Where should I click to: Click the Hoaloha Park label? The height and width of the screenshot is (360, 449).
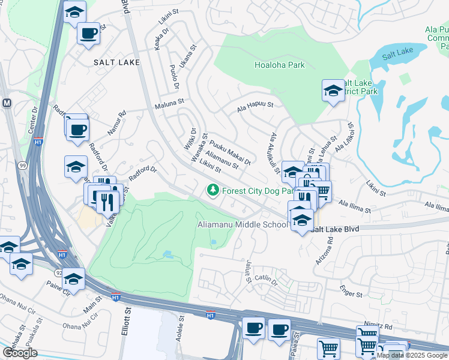279,65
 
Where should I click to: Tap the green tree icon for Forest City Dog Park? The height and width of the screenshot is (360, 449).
212,190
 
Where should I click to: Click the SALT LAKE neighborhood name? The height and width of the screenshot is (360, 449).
116,62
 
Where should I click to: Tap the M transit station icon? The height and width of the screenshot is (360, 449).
7,103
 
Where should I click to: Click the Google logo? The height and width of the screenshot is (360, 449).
19,353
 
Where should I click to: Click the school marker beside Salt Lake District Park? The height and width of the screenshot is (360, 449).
333,91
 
